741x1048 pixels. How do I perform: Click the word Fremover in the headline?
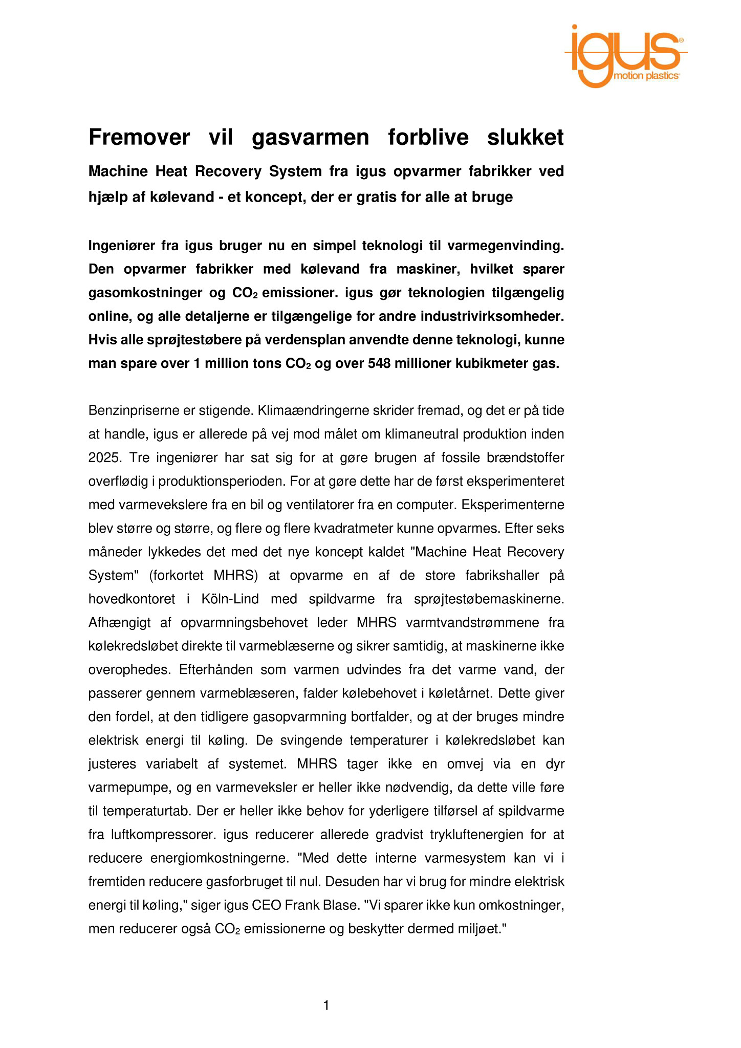(x=139, y=137)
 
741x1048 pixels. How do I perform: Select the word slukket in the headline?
(x=525, y=137)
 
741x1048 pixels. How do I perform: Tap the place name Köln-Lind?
(x=223, y=599)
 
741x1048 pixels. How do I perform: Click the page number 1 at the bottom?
(x=326, y=1006)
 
